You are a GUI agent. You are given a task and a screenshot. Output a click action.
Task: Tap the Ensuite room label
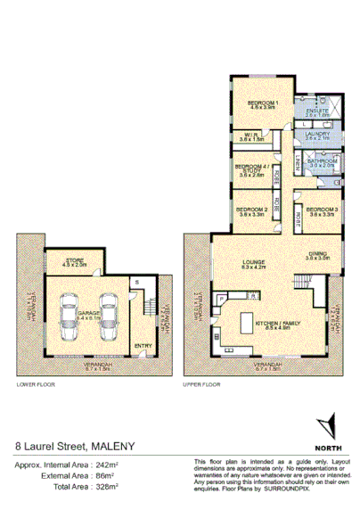318,111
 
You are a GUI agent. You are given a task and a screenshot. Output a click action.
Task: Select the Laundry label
318,136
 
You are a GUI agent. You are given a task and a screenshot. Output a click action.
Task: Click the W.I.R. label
252,136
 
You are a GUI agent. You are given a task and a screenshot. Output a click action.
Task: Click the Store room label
73,260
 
